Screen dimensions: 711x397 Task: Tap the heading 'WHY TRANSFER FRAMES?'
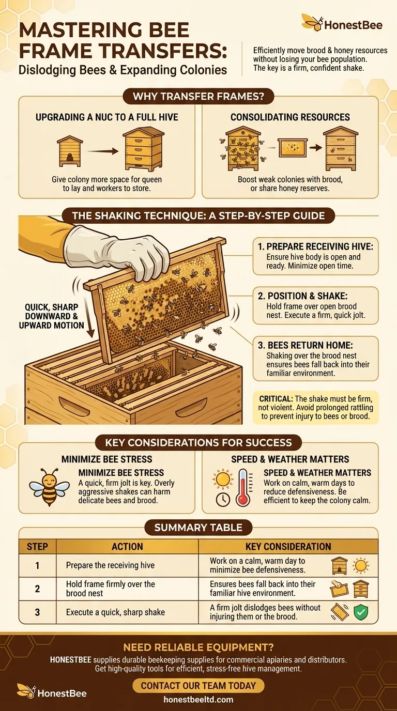pos(198,97)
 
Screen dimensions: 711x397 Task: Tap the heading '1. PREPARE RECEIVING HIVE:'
pos(315,247)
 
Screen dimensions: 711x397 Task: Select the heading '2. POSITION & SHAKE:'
pos(300,295)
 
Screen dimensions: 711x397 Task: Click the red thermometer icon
pos(243,487)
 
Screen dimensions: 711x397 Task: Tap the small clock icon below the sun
pos(222,500)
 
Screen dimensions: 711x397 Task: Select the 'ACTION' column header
pos(127,547)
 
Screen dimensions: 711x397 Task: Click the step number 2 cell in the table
pos(37,589)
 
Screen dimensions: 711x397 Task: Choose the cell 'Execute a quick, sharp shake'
pos(115,612)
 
